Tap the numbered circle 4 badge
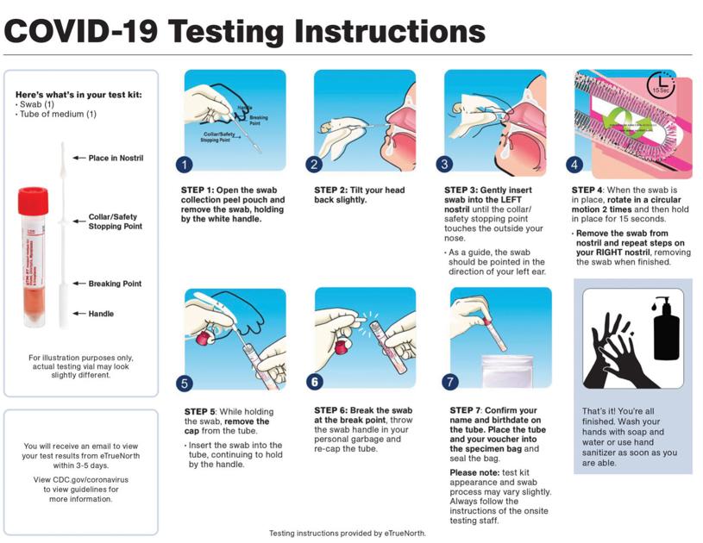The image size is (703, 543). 574,165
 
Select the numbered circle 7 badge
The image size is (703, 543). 449,382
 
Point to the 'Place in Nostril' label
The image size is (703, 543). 116,158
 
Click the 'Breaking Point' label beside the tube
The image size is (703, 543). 115,284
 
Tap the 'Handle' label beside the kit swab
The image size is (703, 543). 100,314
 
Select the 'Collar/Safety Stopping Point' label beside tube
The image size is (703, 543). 115,222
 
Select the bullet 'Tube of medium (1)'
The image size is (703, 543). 59,114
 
